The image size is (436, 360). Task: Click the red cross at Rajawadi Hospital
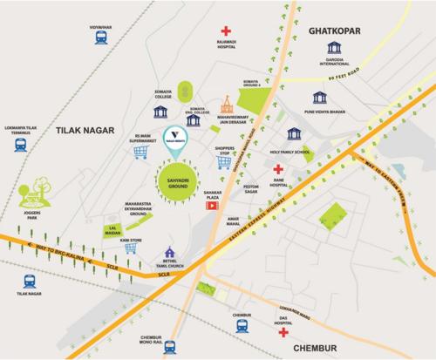(x=227, y=32)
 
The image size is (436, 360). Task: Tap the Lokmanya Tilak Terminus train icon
(x=19, y=146)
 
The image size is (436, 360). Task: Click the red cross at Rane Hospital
(x=278, y=169)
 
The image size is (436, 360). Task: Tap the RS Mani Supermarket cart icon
(x=139, y=152)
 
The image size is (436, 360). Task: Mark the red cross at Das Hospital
(x=283, y=334)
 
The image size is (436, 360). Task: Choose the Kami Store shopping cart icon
(x=131, y=248)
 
